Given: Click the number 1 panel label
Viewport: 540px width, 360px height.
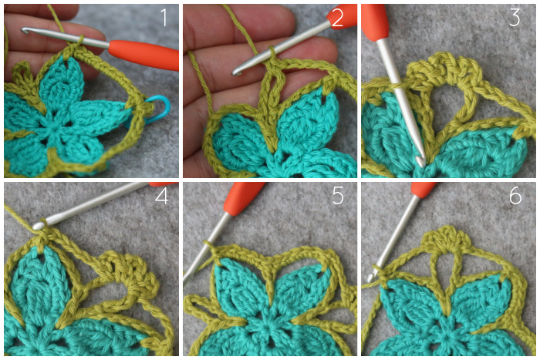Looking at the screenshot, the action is coord(164,18).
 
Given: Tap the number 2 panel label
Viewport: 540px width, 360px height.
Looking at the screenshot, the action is coord(337,18).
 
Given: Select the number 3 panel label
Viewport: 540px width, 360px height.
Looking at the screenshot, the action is coord(515,18).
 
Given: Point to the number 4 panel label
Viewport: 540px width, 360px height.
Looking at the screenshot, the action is coord(161,196).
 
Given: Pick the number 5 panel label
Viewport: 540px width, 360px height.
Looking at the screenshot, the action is coord(338,196).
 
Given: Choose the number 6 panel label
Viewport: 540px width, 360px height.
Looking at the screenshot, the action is coord(515,196).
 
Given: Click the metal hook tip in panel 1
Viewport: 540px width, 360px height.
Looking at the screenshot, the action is coord(25,31).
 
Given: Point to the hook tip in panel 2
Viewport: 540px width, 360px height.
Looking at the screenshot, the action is coord(236,72).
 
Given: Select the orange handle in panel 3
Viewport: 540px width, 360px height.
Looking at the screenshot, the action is coord(375,20).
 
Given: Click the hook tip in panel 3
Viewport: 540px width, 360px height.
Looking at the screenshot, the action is coord(420,161).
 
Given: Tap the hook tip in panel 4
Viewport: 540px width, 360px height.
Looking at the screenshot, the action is coord(38,225).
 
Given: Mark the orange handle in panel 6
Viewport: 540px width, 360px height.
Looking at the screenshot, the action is coord(424,190).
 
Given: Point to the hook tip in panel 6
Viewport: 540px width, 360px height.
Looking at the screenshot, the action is coord(370,278).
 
